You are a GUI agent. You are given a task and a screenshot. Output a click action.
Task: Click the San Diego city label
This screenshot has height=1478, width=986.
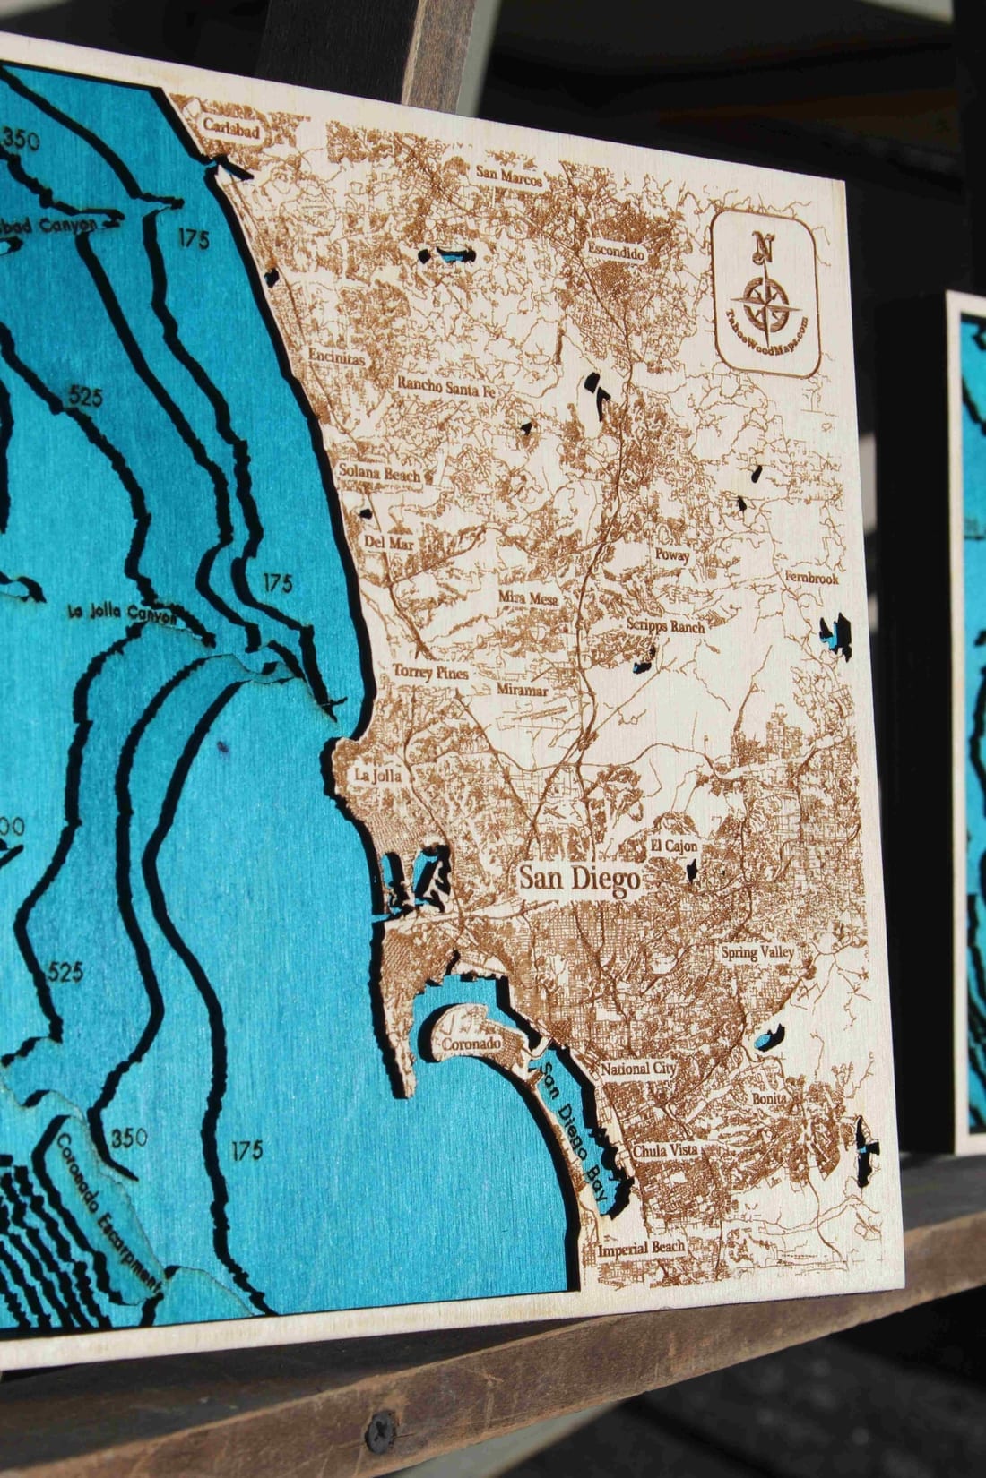[x=579, y=878]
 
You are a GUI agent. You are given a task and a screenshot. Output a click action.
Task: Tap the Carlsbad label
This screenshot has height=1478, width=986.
[x=231, y=131]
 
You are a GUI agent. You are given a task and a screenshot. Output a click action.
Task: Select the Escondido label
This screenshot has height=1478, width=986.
[x=616, y=253]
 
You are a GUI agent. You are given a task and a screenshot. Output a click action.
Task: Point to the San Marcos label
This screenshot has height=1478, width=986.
[x=509, y=176]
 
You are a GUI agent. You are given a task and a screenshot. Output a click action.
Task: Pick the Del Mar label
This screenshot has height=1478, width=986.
[x=386, y=542]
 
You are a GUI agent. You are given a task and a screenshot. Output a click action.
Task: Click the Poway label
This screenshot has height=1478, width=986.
[x=672, y=555]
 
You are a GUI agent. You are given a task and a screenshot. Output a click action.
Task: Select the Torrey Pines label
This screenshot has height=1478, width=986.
[x=425, y=672]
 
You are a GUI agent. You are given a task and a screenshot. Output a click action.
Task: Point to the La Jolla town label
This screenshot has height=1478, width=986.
[x=377, y=774]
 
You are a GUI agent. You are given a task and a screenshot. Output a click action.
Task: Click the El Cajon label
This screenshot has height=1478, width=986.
[x=674, y=846]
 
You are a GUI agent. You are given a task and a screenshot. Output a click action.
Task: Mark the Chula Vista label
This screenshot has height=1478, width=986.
[x=665, y=1150]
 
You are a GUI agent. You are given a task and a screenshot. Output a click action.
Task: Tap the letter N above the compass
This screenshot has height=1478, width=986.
[x=763, y=245]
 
